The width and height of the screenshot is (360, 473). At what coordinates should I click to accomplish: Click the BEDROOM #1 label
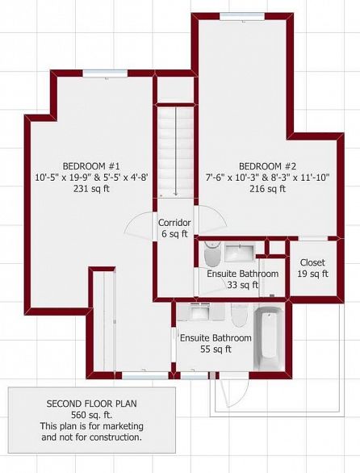point(91,166)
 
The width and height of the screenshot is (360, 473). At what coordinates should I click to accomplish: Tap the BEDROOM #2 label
point(267,166)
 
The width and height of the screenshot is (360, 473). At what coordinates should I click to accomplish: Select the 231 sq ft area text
point(91,189)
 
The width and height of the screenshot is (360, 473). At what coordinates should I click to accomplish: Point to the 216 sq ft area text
point(267,189)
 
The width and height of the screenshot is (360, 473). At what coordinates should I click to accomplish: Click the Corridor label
point(174,223)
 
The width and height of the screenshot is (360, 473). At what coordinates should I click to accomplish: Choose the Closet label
point(312,262)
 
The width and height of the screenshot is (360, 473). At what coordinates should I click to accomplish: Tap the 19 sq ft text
point(312,274)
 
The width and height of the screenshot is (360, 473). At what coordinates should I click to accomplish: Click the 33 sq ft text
point(243,285)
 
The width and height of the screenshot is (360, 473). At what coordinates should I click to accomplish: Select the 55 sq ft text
point(216,349)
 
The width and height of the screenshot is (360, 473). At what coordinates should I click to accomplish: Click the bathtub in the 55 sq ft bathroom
point(269,339)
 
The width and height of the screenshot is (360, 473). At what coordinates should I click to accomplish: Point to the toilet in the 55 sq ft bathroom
point(240,315)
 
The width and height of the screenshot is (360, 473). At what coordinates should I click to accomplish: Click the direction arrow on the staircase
point(176,152)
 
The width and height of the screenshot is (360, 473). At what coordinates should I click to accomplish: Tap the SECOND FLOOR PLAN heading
point(91,404)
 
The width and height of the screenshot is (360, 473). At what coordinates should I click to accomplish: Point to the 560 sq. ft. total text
point(91,415)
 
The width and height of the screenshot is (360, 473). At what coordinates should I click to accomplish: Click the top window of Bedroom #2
point(242,17)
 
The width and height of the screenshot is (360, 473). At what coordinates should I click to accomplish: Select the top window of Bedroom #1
point(105,73)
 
